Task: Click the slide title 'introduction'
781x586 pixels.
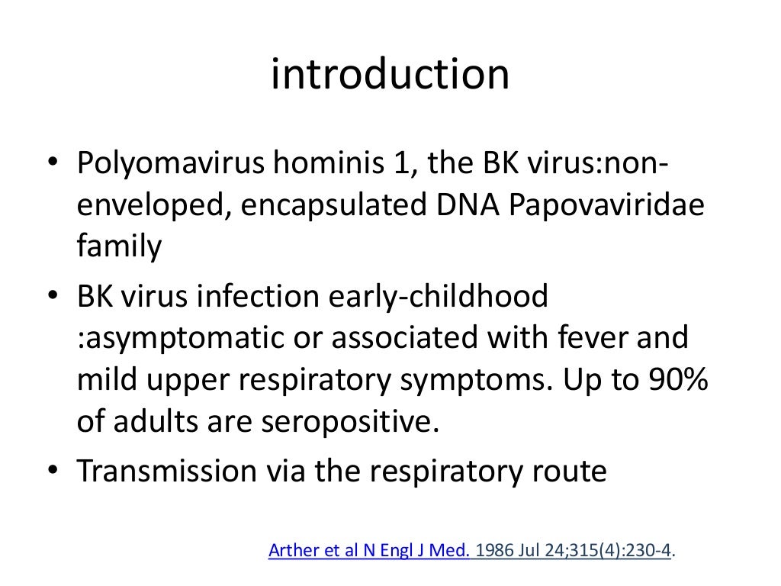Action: point(390,75)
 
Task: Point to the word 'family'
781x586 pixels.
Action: point(120,248)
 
